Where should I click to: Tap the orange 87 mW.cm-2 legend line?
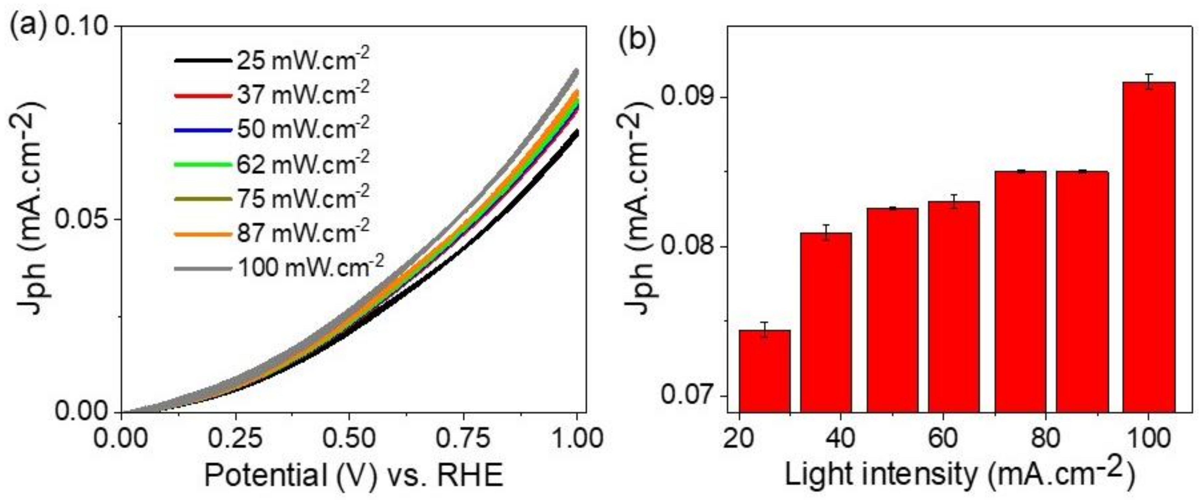203,234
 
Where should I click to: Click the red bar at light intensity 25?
765,371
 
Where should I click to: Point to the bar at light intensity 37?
826,322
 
